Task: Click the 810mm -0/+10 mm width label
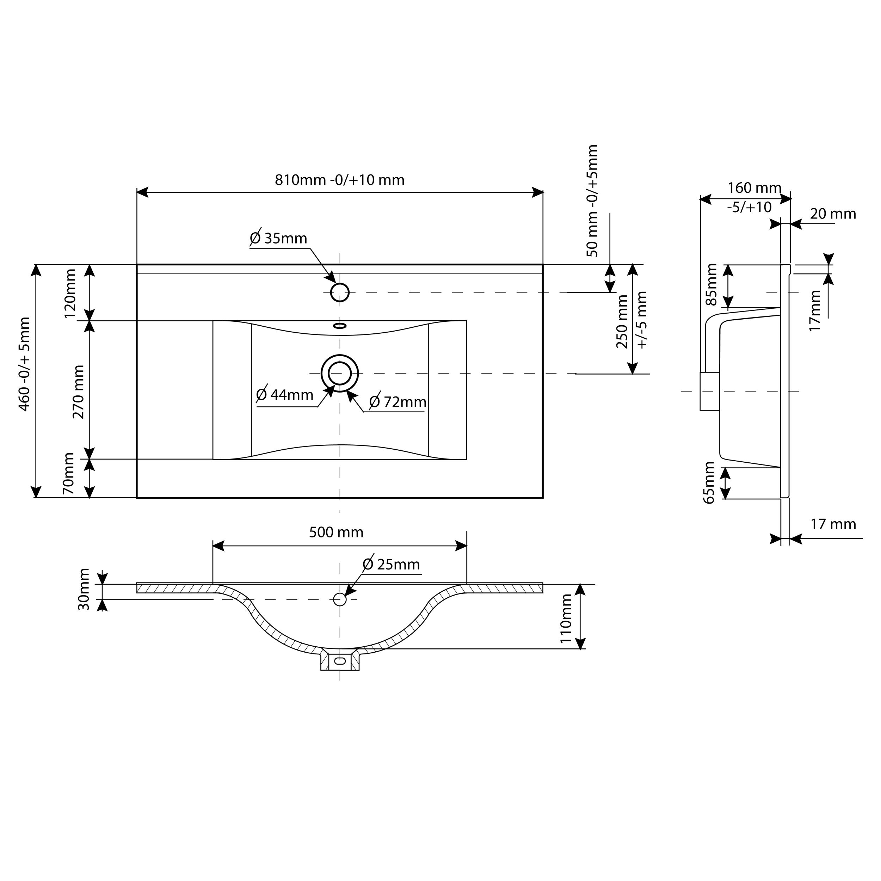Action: tap(339, 180)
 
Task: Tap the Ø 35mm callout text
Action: tap(279, 239)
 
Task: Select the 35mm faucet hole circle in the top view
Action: tap(340, 292)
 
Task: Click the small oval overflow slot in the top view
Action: tap(340, 326)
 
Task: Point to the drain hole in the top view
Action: tap(340, 374)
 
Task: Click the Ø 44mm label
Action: tap(285, 395)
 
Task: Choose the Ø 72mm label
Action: tap(398, 402)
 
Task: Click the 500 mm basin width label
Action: tap(336, 532)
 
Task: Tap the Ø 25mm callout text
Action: tap(391, 565)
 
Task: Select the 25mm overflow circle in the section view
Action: tap(340, 599)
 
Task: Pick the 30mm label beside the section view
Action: tap(84, 589)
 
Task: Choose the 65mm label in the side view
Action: tap(709, 482)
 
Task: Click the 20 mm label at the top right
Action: tap(833, 214)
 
